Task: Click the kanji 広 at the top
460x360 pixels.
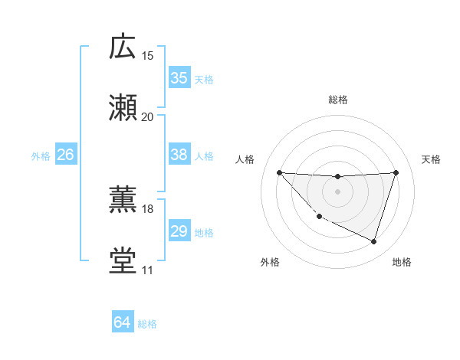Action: click(x=123, y=47)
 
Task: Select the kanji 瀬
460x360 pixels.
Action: click(x=123, y=108)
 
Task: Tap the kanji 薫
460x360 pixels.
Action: click(x=123, y=201)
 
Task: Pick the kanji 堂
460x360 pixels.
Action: click(x=123, y=261)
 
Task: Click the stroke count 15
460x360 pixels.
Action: click(x=148, y=55)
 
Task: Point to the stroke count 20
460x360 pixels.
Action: click(x=148, y=116)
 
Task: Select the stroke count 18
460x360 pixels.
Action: click(x=148, y=208)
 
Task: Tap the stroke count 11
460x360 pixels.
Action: click(x=148, y=270)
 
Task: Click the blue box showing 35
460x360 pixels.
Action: click(x=179, y=78)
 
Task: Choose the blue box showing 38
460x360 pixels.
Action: click(x=179, y=155)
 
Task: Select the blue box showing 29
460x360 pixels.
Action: click(x=179, y=231)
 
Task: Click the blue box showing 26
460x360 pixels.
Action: click(x=65, y=155)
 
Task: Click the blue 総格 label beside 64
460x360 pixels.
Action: click(x=147, y=324)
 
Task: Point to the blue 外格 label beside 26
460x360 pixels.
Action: click(x=41, y=155)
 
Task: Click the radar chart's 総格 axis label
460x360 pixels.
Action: click(x=337, y=100)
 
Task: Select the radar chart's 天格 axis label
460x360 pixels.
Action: click(x=432, y=159)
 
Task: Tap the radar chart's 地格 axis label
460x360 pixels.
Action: click(x=402, y=262)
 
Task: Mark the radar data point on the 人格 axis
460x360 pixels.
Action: click(x=279, y=172)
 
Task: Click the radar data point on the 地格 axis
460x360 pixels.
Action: click(x=373, y=242)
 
